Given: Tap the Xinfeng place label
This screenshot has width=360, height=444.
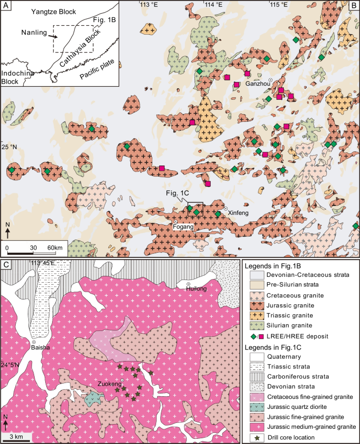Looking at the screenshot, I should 237,212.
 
